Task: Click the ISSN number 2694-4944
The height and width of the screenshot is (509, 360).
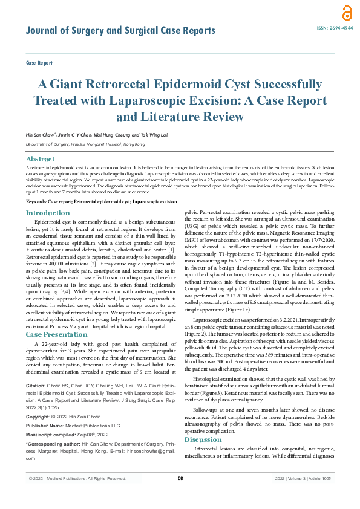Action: (x=332, y=28)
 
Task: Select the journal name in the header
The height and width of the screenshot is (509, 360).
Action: (x=120, y=31)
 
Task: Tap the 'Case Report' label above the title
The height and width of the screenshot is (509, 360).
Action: (x=39, y=63)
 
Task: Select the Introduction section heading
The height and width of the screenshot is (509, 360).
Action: (x=48, y=213)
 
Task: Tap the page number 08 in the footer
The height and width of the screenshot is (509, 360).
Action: (x=180, y=496)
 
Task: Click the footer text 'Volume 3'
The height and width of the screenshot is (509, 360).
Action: (x=298, y=496)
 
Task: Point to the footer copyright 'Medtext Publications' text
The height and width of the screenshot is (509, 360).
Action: (x=76, y=496)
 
